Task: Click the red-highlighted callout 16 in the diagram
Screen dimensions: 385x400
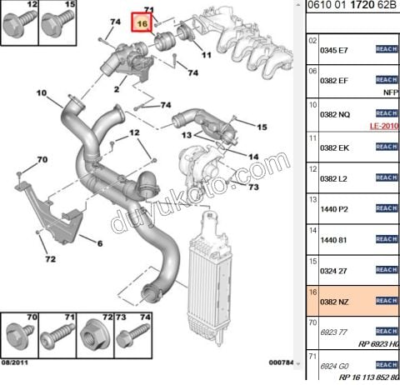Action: pyautogui.click(x=142, y=24)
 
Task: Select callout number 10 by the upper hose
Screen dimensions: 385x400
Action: pyautogui.click(x=42, y=92)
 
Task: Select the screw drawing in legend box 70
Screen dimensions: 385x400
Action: pyautogui.click(x=16, y=337)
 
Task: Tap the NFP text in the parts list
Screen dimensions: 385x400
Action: pyautogui.click(x=390, y=92)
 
